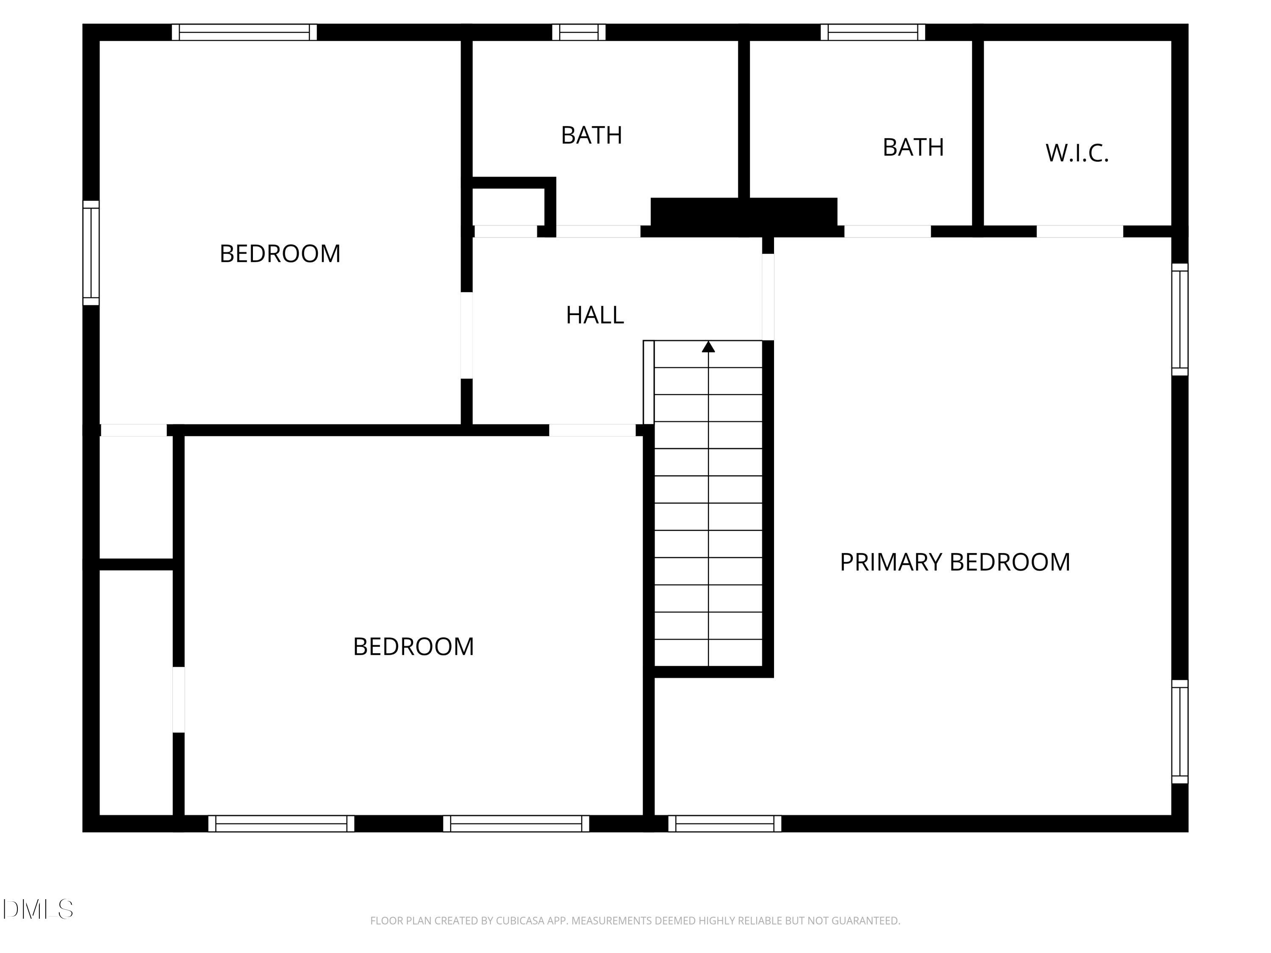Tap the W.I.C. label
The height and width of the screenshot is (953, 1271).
(1077, 153)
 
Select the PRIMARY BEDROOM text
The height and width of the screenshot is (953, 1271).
(955, 562)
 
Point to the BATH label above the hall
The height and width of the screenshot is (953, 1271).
(591, 136)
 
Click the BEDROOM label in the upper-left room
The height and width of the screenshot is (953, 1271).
(280, 254)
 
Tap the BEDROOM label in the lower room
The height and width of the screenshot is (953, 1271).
(413, 647)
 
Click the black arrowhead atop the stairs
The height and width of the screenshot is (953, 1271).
(708, 347)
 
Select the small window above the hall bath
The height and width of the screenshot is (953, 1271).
(579, 32)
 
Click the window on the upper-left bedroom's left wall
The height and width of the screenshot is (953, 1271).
(91, 253)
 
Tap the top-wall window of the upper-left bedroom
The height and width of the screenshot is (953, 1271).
(244, 32)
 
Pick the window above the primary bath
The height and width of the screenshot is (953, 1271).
(873, 32)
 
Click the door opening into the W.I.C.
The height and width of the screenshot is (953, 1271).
(1080, 232)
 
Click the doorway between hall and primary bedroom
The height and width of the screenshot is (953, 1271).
(768, 297)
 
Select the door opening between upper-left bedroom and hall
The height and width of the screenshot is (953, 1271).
(466, 335)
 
